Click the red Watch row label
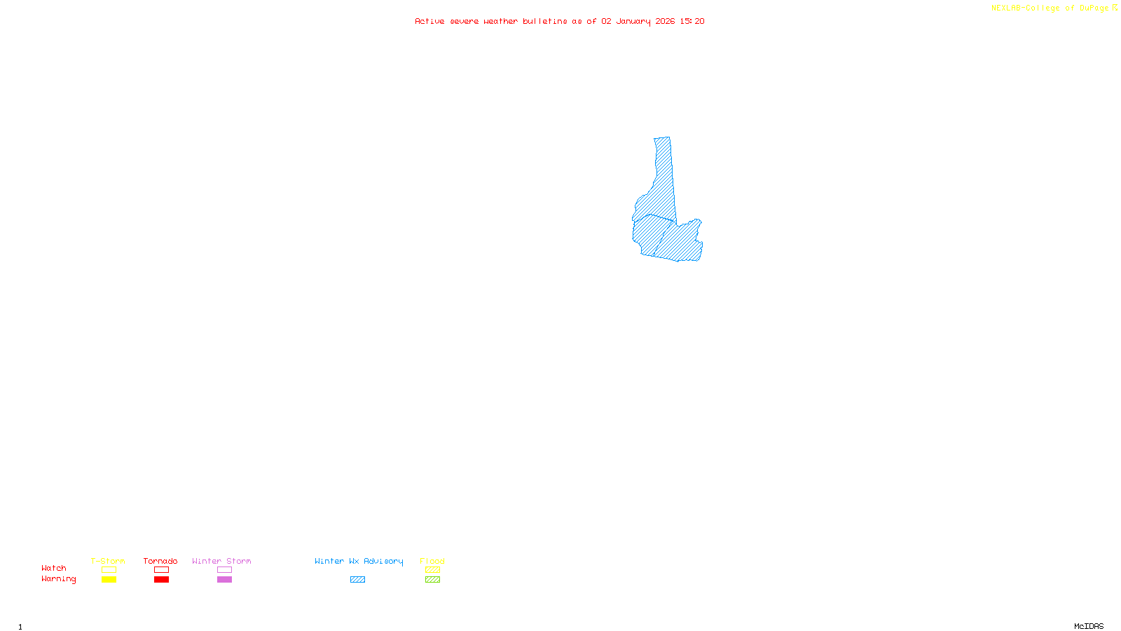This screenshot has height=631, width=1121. (x=54, y=569)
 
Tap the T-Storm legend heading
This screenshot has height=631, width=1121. (x=108, y=561)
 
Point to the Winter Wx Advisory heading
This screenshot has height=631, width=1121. (x=359, y=561)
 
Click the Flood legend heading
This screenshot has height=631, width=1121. (x=432, y=561)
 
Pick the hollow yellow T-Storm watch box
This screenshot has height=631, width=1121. (x=109, y=570)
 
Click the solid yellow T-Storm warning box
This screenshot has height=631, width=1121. (x=109, y=580)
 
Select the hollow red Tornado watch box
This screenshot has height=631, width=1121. (x=161, y=570)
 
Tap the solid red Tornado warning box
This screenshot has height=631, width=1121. (x=161, y=580)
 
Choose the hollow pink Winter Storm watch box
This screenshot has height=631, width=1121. (x=224, y=570)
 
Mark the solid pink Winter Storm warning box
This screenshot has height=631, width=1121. (x=224, y=580)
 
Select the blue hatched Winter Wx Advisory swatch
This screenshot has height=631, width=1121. (x=357, y=580)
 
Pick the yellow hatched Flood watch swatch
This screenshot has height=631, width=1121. (x=432, y=570)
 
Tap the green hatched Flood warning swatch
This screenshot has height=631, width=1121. (x=432, y=580)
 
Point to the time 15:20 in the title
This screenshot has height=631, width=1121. (x=692, y=21)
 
